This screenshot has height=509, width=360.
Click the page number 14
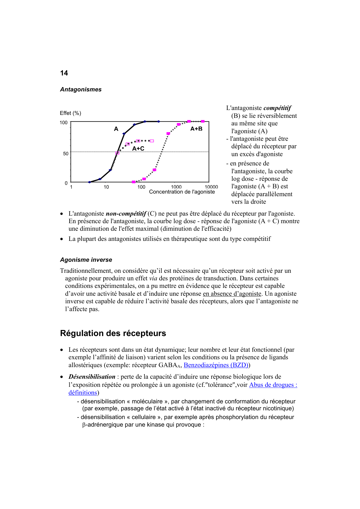pyautogui.click(x=64, y=73)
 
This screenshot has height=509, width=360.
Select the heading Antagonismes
pyautogui.click(x=81, y=89)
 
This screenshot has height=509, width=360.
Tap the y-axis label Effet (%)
pyautogui.click(x=70, y=113)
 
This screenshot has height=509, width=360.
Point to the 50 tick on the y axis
pyautogui.click(x=66, y=154)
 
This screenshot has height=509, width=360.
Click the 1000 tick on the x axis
pyautogui.click(x=176, y=187)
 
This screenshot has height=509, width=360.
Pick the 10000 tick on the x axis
pyautogui.click(x=211, y=187)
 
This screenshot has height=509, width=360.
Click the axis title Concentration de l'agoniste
pyautogui.click(x=182, y=192)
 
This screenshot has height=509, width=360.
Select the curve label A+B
pyautogui.click(x=196, y=129)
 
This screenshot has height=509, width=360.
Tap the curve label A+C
pyautogui.click(x=138, y=149)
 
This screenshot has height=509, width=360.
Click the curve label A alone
pyautogui.click(x=116, y=129)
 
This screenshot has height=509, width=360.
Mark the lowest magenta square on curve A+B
pyautogui.click(x=134, y=182)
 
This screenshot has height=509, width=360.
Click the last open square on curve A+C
pyautogui.click(x=152, y=141)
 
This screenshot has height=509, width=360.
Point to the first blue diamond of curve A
pyautogui.click(x=89, y=182)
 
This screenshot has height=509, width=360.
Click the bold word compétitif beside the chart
pyautogui.click(x=277, y=108)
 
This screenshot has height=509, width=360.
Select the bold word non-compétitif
pyautogui.click(x=126, y=214)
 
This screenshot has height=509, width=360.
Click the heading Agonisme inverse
pyautogui.click(x=86, y=260)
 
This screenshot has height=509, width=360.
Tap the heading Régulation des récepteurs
pyautogui.click(x=113, y=333)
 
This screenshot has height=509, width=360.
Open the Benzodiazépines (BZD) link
pyautogui.click(x=216, y=365)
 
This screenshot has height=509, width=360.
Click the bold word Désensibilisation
pyautogui.click(x=92, y=377)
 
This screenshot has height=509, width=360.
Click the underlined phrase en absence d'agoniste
pyautogui.click(x=232, y=294)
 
